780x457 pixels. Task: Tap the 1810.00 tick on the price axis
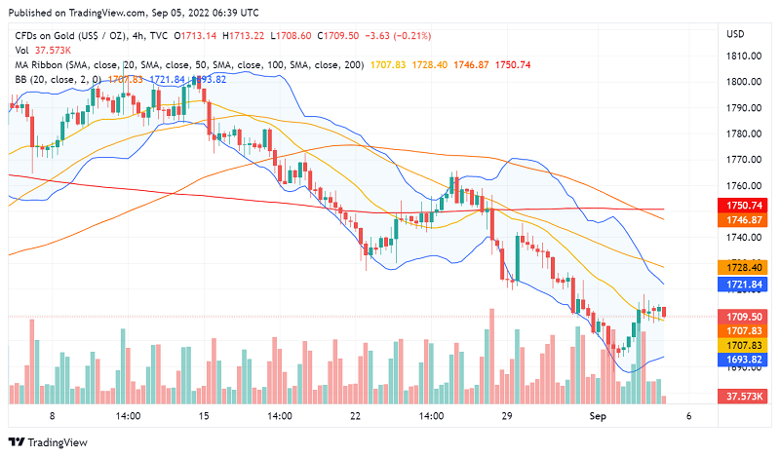tap(742, 56)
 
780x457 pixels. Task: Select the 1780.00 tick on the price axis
tap(742, 133)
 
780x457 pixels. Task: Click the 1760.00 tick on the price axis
tap(742, 186)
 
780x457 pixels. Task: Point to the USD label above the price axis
tap(735, 34)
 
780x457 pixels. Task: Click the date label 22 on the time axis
tap(356, 415)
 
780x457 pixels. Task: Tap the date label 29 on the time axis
tap(507, 415)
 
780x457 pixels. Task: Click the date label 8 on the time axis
tap(53, 415)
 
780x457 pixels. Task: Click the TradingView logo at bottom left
tap(49, 441)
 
